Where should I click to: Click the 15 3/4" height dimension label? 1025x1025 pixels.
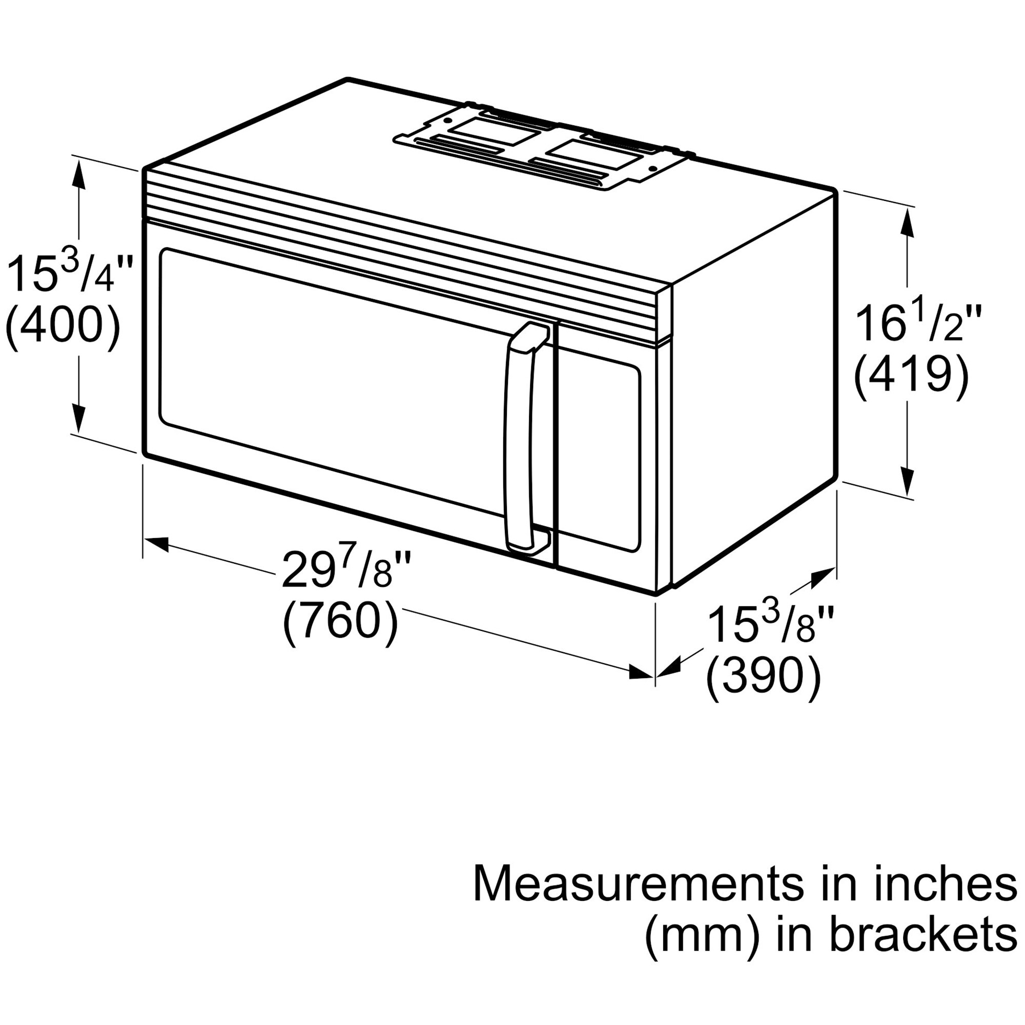coord(68,273)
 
